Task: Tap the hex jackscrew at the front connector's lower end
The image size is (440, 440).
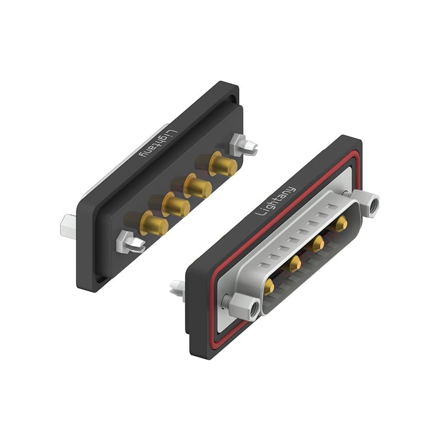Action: pyautogui.click(x=244, y=305)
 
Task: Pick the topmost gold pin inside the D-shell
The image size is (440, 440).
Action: pyautogui.click(x=341, y=222)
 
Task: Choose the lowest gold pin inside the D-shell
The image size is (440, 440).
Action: pyautogui.click(x=269, y=286)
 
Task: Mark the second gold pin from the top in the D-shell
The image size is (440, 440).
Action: pyautogui.click(x=317, y=243)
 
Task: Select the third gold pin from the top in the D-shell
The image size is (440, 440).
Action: pyautogui.click(x=294, y=263)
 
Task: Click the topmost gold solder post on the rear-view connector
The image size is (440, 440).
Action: pyautogui.click(x=223, y=164)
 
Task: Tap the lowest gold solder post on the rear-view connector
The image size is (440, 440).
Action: pyautogui.click(x=153, y=223)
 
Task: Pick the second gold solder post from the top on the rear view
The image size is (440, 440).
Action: pyautogui.click(x=198, y=186)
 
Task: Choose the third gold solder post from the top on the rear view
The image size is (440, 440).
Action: pyautogui.click(x=176, y=205)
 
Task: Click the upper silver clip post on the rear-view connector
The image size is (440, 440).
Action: pyautogui.click(x=243, y=145)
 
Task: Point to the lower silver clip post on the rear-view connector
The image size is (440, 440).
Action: pyautogui.click(x=130, y=242)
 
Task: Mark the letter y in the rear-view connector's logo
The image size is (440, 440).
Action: pyautogui.click(x=145, y=152)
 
